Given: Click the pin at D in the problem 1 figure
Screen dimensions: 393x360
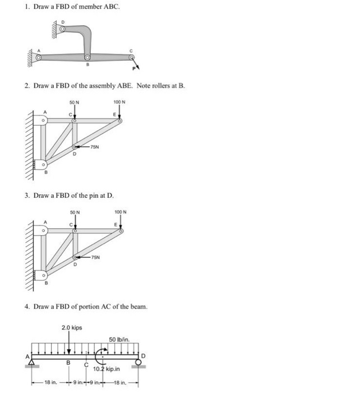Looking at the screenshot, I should tap(62, 29).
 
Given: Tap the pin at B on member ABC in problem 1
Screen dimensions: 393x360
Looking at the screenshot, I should tap(87, 57).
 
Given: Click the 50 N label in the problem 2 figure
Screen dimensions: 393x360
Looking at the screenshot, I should tap(75, 102).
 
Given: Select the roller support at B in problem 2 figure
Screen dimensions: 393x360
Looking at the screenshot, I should tap(39, 164).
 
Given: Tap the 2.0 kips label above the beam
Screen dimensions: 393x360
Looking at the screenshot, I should tap(70, 327).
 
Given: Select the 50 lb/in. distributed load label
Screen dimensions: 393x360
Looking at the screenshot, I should tap(119, 340).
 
